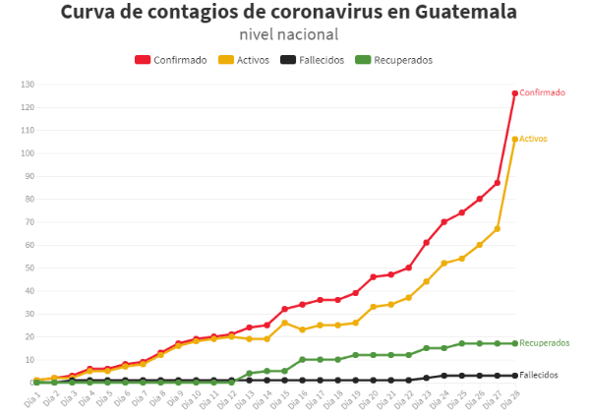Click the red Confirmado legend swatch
point(143,60)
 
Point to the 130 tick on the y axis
point(27,84)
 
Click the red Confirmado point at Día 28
point(514,93)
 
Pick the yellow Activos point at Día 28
point(514,140)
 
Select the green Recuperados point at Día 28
point(514,344)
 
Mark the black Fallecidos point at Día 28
point(514,376)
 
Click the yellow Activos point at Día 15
point(284,323)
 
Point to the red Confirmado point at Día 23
point(426,243)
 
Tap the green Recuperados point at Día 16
point(302,360)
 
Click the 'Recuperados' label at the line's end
point(544,343)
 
